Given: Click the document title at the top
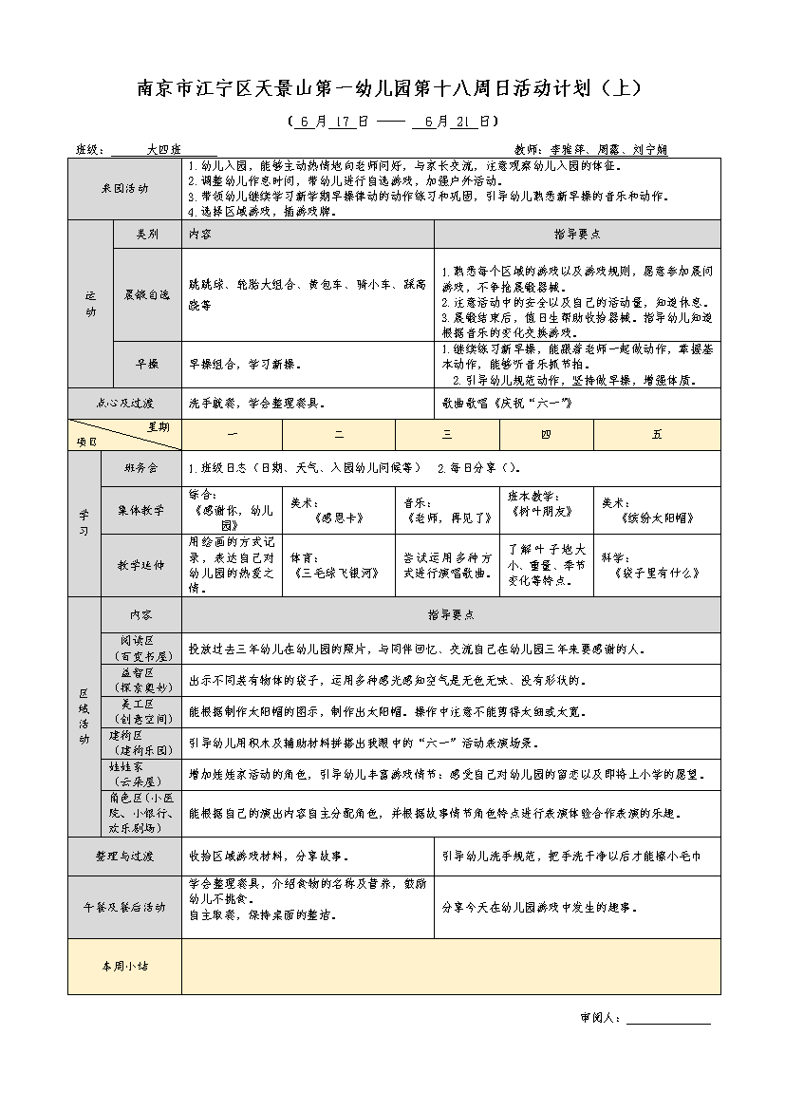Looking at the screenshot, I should click(x=392, y=88).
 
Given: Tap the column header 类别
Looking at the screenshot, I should click(x=146, y=233).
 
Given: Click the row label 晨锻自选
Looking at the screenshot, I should click(x=146, y=294).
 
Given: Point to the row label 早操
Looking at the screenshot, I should click(x=146, y=364).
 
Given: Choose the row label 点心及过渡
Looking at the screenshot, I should click(x=124, y=403).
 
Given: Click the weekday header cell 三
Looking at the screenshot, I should click(x=446, y=434).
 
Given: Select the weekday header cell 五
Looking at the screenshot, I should click(x=657, y=434).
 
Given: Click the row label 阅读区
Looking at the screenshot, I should click(x=140, y=641).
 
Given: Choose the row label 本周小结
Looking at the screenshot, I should click(x=124, y=966).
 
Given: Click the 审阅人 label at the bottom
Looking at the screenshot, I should click(x=600, y=1018).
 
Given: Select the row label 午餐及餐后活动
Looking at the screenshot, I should click(x=124, y=907).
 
